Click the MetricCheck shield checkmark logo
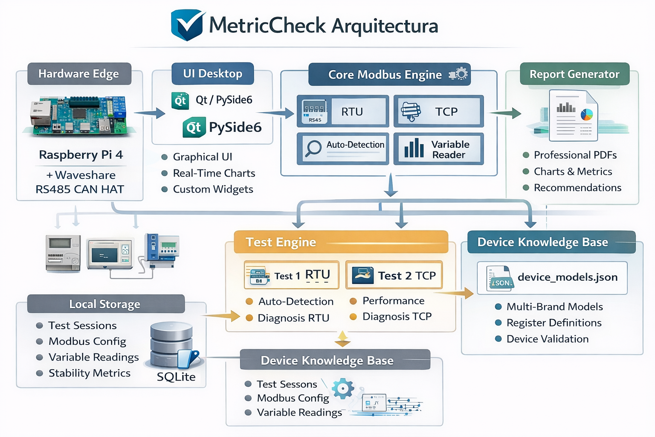click(187, 25)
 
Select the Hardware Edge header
click(79, 74)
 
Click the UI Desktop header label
click(212, 74)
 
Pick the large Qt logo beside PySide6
click(194, 128)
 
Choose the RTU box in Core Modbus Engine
click(343, 111)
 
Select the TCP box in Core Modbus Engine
click(438, 111)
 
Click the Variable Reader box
click(438, 149)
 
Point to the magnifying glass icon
click(313, 149)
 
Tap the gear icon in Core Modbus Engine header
click(460, 74)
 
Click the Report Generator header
click(574, 74)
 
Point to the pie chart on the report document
click(587, 114)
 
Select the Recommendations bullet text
click(577, 188)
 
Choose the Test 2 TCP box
click(394, 275)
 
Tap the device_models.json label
click(567, 277)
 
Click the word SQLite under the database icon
click(176, 377)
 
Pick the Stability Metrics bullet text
click(90, 373)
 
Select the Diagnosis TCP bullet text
click(397, 317)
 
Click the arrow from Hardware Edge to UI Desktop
click(150, 113)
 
